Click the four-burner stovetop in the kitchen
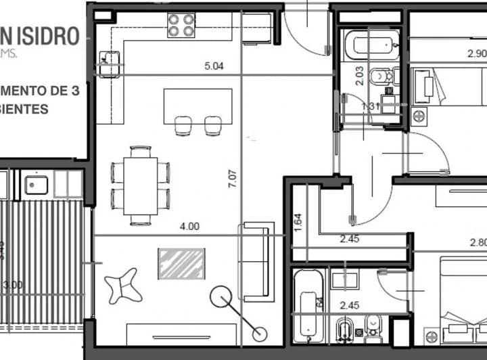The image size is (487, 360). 181,25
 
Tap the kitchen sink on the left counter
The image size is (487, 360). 107,64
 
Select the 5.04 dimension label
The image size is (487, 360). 214,66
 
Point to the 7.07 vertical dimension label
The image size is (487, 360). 233,179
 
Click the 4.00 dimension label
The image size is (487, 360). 190,227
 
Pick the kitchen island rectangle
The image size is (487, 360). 198,107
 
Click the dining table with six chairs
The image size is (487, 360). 141,185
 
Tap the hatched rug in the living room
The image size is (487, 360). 181,263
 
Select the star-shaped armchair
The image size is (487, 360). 125,285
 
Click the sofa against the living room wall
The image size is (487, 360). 256,261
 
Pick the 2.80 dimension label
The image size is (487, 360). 478,242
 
